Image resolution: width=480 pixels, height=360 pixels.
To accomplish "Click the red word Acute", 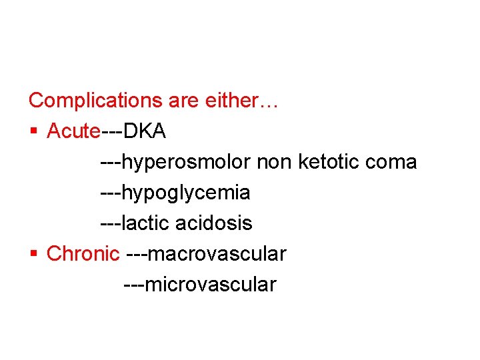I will pos(73,131).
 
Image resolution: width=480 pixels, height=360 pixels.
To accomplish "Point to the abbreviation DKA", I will pos(145,131).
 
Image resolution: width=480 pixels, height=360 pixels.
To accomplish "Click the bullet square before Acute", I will pos(34,132).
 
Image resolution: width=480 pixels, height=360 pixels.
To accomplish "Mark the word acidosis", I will pos(214,223).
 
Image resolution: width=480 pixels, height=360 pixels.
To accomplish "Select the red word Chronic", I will pos(83,254).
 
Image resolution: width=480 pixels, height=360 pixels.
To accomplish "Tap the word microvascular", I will pos(210,285).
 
